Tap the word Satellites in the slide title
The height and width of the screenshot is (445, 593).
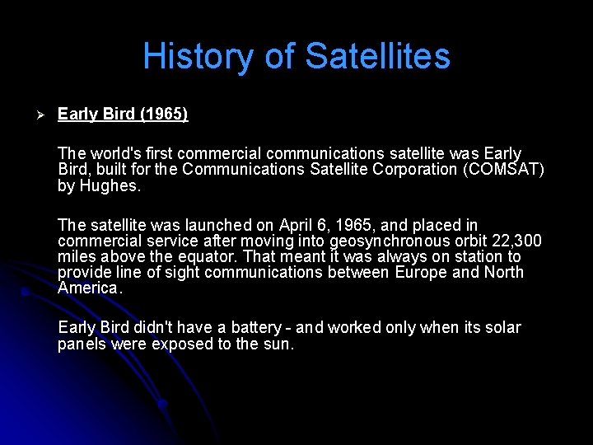point(378,56)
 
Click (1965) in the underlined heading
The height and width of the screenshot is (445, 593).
point(164,114)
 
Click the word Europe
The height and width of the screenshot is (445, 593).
point(422,272)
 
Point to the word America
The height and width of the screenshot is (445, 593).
point(89,288)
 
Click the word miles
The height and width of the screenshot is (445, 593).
point(76,256)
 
